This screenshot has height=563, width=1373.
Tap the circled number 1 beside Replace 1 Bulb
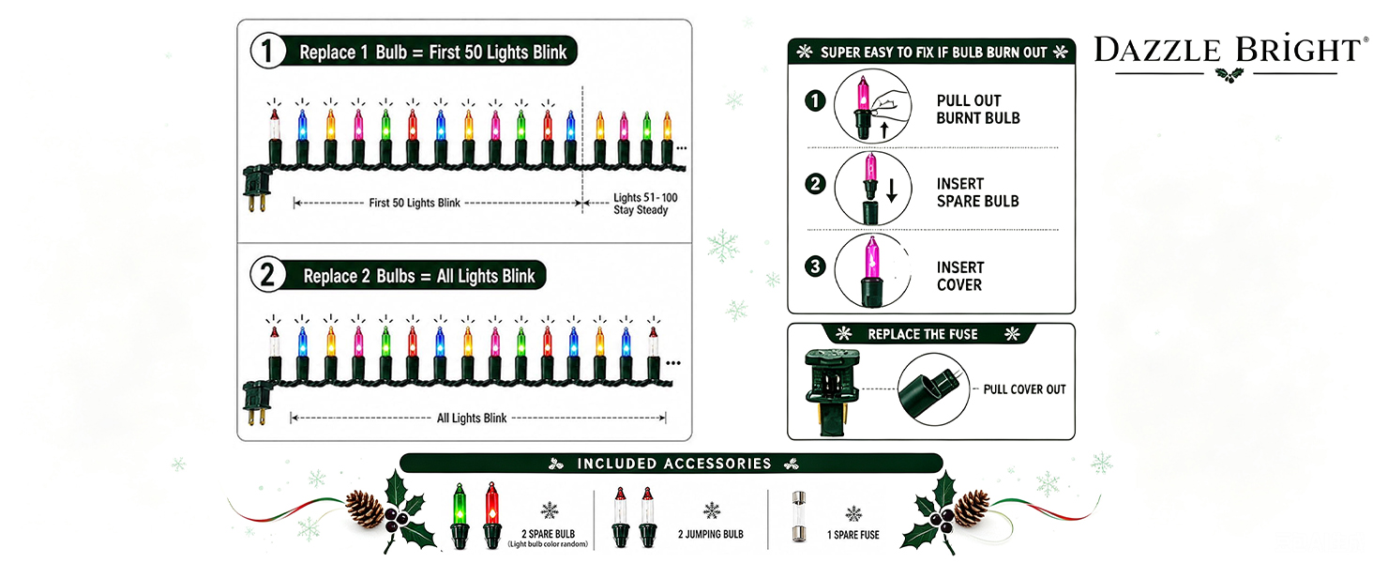click(267, 51)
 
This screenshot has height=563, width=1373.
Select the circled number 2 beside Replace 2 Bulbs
click(267, 275)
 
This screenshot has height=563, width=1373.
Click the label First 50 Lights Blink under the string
click(415, 203)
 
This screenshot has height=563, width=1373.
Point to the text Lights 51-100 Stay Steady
click(645, 204)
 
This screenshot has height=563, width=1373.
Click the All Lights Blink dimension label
click(472, 418)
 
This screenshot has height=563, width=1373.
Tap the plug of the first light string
click(256, 189)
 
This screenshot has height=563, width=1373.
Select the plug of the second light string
click(256, 403)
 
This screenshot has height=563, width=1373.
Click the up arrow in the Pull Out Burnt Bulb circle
click(883, 129)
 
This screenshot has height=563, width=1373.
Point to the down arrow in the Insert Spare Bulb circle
click(892, 190)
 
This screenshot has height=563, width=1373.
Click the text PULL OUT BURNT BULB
click(978, 109)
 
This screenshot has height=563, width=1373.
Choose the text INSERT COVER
click(959, 276)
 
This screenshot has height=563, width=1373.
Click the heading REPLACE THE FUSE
click(923, 334)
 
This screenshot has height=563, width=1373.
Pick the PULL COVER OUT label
click(1024, 389)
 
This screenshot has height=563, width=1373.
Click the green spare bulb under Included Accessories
click(460, 516)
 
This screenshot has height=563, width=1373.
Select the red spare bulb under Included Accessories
click(491, 516)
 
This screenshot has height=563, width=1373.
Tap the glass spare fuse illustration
click(799, 516)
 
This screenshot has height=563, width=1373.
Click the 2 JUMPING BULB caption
click(710, 535)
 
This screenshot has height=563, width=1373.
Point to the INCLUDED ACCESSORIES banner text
click(674, 464)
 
